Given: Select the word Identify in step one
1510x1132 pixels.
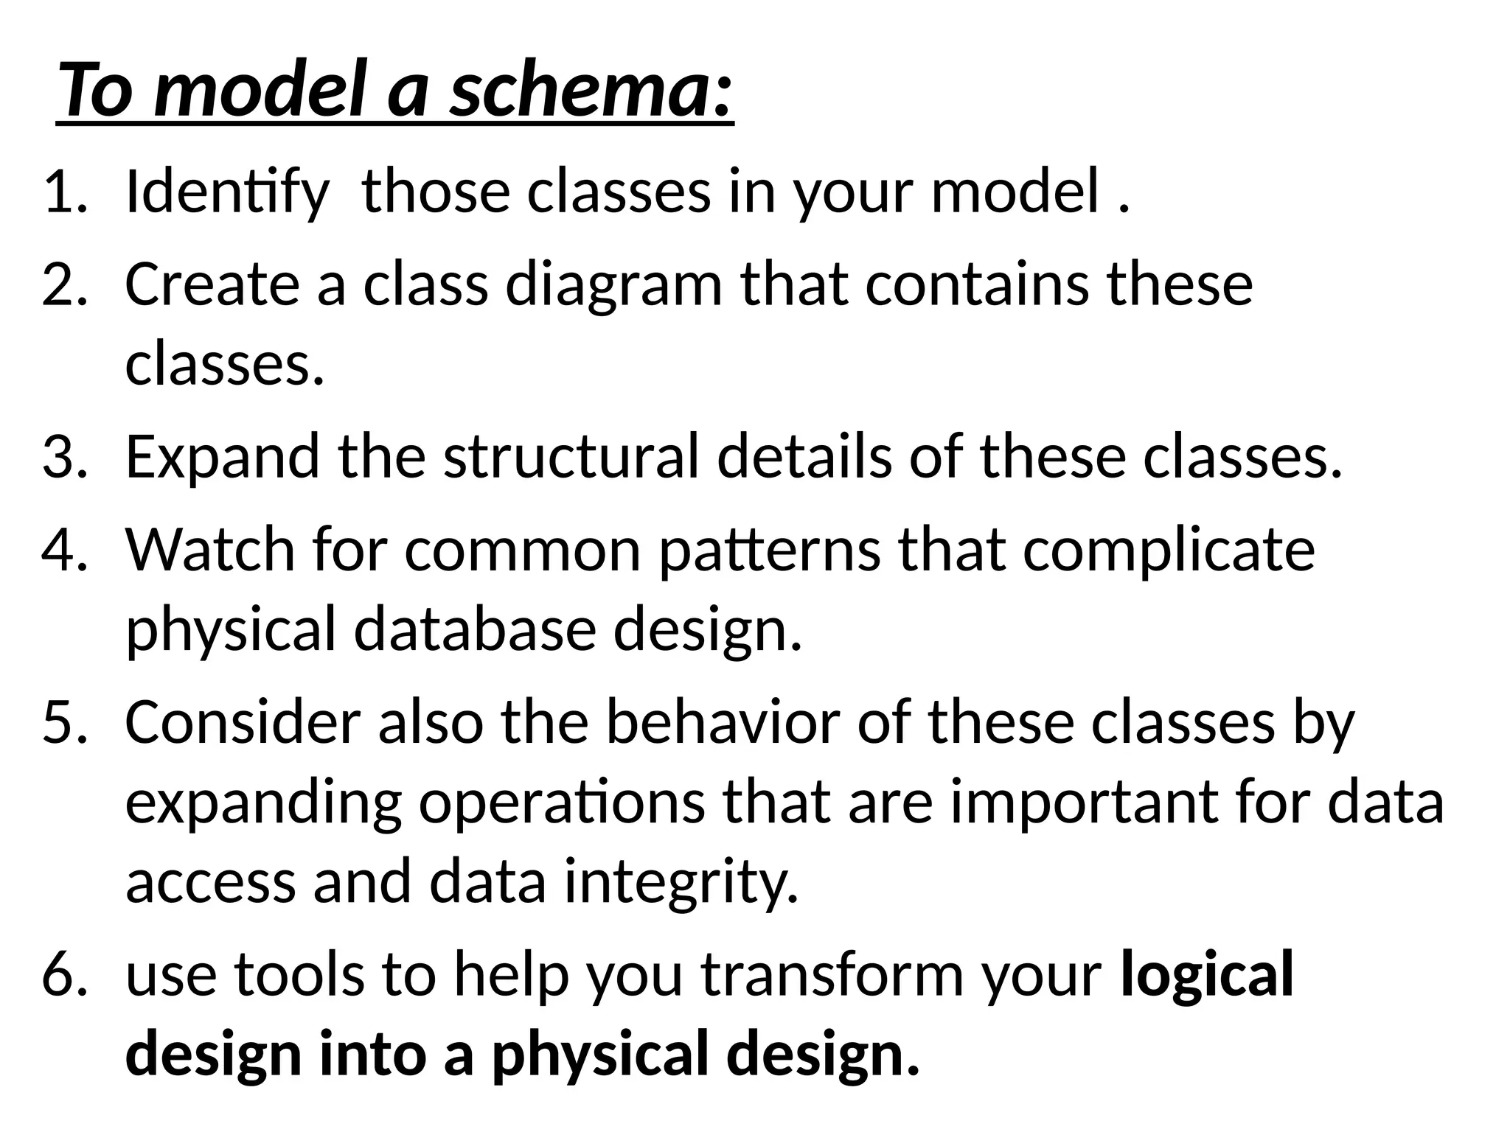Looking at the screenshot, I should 226,192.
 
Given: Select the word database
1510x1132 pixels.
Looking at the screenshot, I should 474,631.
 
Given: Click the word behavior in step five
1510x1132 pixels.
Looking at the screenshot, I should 722,722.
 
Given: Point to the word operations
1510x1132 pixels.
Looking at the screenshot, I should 562,803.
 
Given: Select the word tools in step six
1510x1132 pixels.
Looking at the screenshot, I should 299,974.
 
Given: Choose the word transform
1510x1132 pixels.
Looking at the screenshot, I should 830,974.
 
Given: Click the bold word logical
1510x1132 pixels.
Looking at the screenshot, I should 1207,974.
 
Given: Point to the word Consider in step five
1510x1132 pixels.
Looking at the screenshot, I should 243,722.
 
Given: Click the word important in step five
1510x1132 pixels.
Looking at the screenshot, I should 1085,803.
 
